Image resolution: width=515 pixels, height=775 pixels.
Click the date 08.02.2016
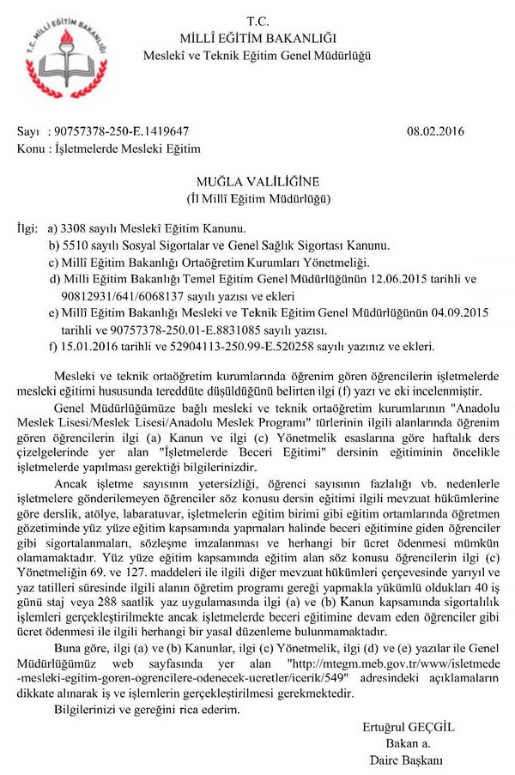439,131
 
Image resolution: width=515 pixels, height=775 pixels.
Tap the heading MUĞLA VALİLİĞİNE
258,182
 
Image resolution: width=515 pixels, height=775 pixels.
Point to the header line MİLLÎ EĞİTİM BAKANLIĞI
258,38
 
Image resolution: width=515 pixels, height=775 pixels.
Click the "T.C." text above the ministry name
257,21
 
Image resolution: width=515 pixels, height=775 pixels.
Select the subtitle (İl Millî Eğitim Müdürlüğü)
258,198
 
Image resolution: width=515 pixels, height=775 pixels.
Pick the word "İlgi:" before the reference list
28,229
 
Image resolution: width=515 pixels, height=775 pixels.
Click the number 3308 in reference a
73,229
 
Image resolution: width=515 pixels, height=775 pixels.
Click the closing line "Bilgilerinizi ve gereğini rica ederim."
147,710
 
